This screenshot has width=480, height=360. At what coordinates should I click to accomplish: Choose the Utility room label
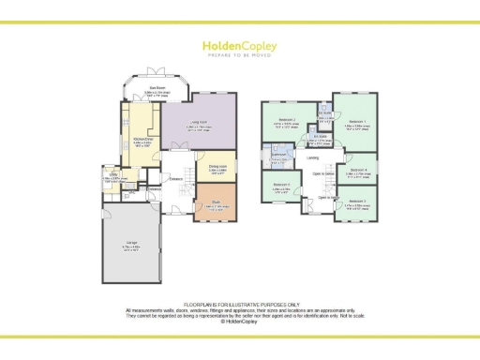(111, 176)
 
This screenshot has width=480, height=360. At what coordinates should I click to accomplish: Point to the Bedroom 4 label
(356, 171)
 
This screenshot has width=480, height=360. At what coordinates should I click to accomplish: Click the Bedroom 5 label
(281, 186)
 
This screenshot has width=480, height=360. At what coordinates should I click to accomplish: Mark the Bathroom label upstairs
(278, 155)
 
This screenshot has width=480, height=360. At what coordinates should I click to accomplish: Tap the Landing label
(312, 157)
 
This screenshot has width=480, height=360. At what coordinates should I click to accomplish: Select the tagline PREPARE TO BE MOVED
(239, 55)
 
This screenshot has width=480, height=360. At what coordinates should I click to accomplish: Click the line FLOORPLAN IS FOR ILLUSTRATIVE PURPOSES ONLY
(240, 304)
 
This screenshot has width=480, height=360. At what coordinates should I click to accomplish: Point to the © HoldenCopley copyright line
(240, 321)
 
